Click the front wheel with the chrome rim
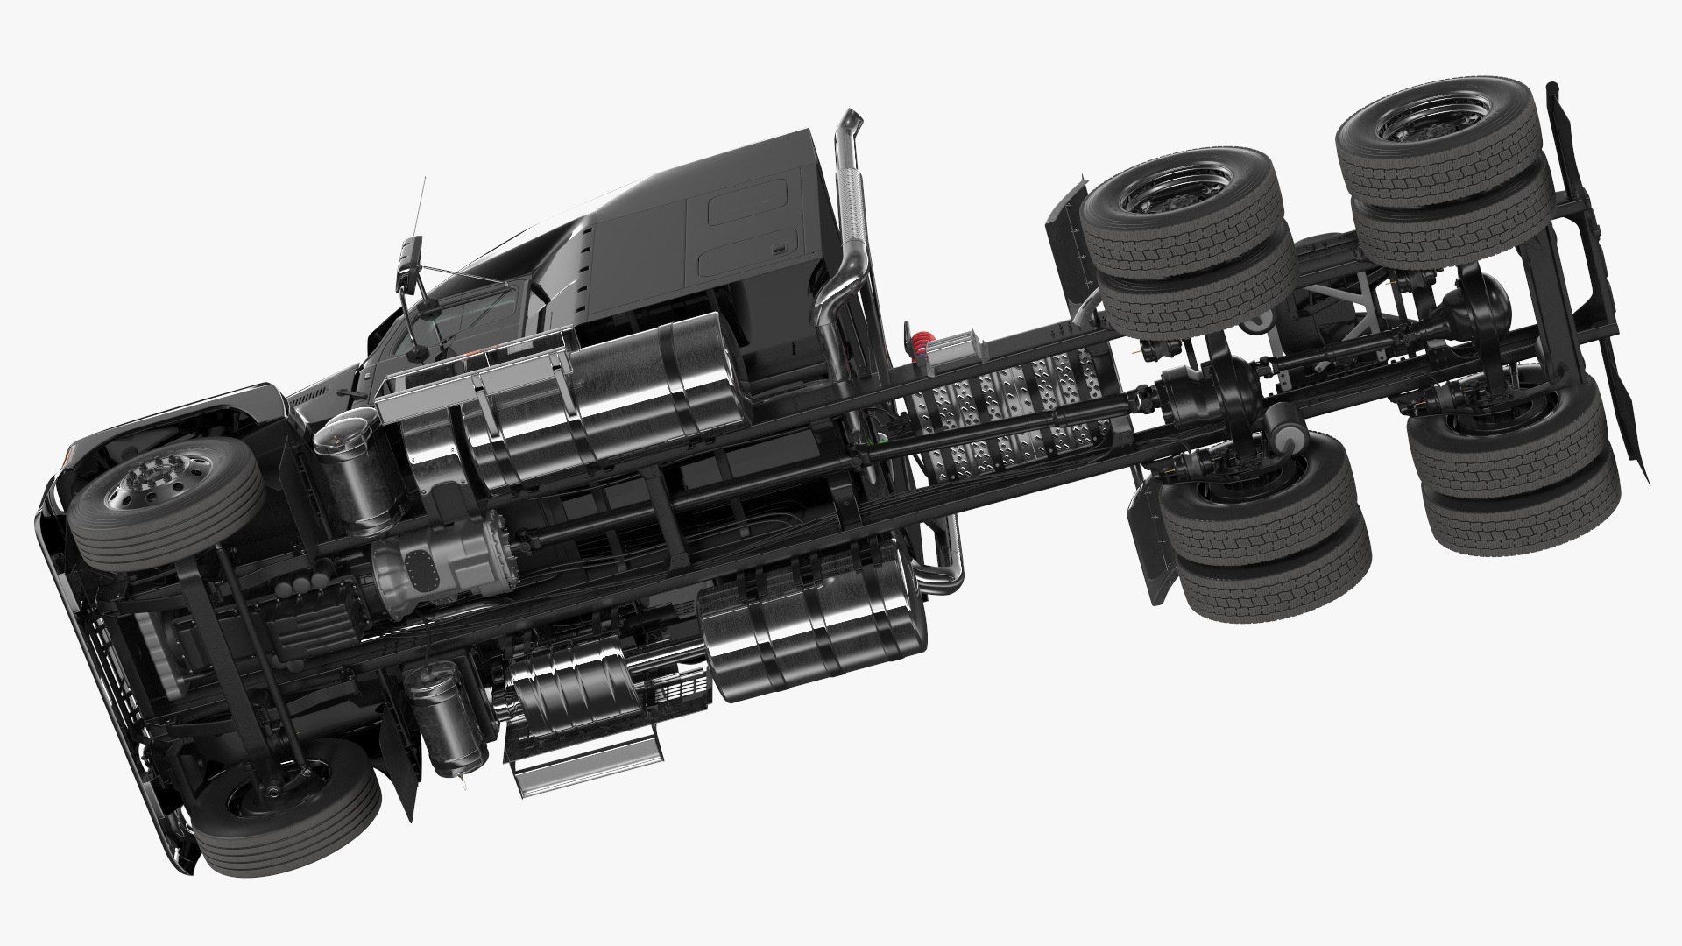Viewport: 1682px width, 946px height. [x=166, y=504]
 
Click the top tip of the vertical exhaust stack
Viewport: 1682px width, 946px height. [x=848, y=117]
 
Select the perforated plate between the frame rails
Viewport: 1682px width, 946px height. [x=1007, y=412]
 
